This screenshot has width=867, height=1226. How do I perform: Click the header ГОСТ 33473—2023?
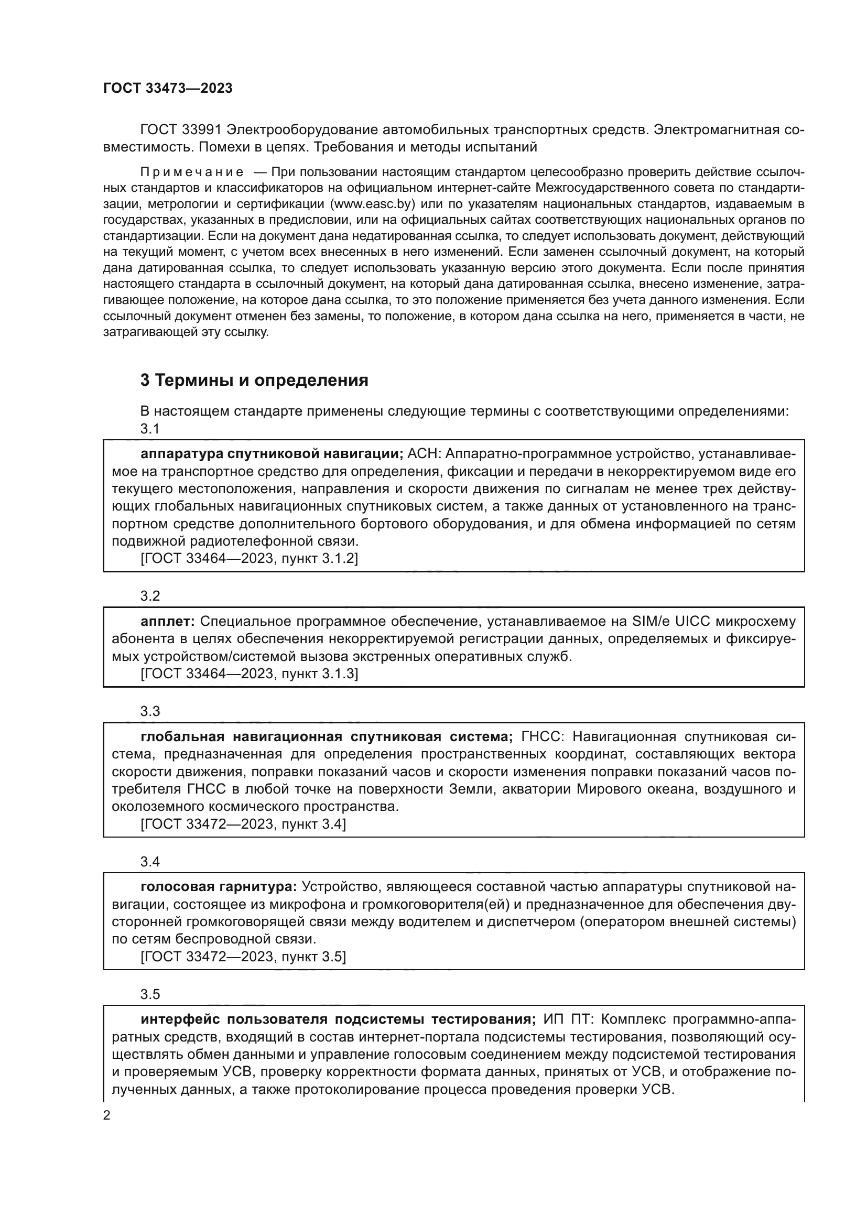(x=168, y=89)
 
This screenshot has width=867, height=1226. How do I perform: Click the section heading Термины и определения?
(x=254, y=380)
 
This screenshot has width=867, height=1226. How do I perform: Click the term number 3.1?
(x=150, y=428)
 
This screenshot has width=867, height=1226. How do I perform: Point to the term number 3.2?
(x=150, y=596)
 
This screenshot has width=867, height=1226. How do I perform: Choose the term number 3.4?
(x=150, y=861)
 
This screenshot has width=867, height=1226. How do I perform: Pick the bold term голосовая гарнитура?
(x=219, y=887)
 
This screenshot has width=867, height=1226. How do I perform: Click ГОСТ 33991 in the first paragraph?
(x=180, y=131)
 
